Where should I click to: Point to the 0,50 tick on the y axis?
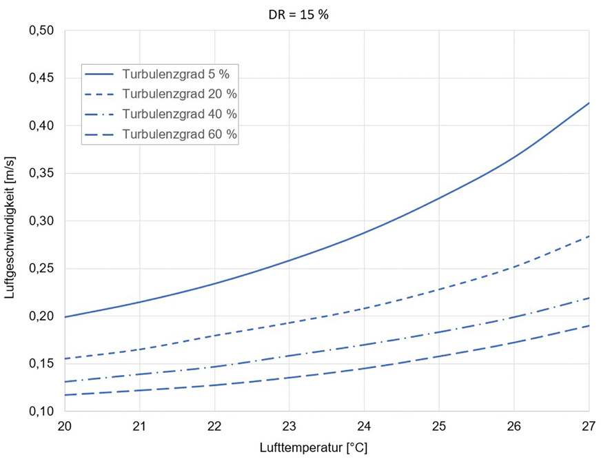tap(42, 30)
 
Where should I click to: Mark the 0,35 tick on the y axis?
tap(42, 174)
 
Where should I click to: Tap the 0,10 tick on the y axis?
tap(42, 412)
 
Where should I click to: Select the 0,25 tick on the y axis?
tap(42, 269)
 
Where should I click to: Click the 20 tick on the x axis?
tap(65, 426)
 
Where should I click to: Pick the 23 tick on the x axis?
tap(289, 426)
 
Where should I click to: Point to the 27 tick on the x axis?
tap(589, 426)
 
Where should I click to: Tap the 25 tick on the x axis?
tap(439, 426)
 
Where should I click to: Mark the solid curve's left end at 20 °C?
tap(65, 317)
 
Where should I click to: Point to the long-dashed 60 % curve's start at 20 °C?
tap(65, 395)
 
